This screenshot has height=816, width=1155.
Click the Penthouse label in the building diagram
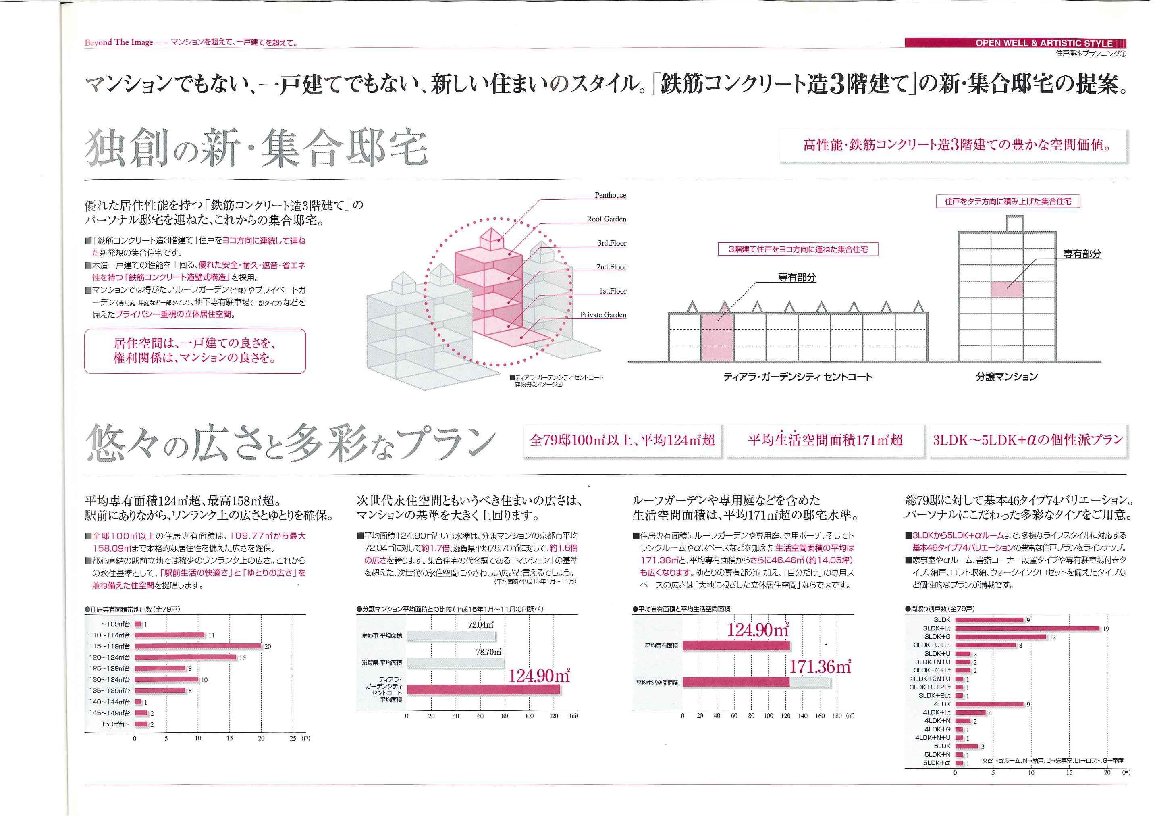[x=610, y=195]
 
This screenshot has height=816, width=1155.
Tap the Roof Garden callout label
[x=606, y=219]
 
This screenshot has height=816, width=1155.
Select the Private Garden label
[x=603, y=315]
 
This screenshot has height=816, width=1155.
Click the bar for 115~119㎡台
[x=198, y=646]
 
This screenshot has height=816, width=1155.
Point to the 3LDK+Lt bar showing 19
[x=1027, y=628]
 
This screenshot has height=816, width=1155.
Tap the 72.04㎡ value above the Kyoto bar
[x=480, y=625]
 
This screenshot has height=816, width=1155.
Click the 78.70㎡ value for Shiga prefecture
[x=488, y=652]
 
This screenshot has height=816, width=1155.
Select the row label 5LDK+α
[x=937, y=763]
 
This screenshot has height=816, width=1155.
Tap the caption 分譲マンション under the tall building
[x=1007, y=377]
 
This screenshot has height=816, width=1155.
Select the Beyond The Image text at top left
[x=119, y=42]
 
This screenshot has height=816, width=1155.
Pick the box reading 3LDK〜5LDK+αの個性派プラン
[x=1028, y=440]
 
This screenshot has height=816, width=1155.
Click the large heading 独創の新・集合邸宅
[x=257, y=148]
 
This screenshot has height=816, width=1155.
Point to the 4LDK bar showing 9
[x=989, y=704]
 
